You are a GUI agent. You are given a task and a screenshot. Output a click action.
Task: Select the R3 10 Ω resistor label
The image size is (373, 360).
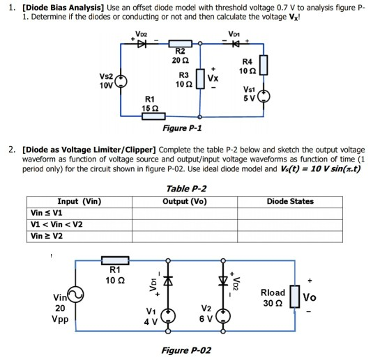tap(183, 79)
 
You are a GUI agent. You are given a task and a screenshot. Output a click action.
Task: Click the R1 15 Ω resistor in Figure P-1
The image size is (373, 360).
tap(151, 117)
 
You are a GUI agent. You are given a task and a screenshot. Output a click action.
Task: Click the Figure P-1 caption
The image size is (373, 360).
tap(181, 128)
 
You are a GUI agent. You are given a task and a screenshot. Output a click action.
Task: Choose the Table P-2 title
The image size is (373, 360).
tap(186, 189)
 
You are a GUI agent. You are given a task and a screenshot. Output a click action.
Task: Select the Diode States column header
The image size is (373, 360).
tap(290, 201)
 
